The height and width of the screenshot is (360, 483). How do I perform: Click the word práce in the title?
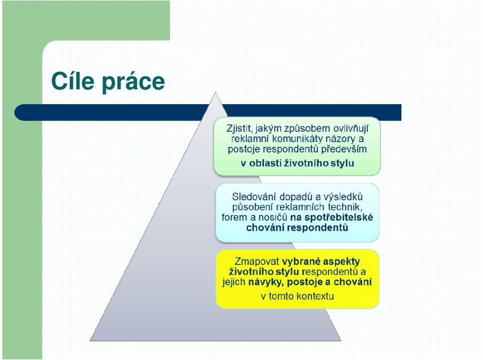133,82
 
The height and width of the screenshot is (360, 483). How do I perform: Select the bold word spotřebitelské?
339,217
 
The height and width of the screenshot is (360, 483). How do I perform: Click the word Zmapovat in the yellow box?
257,261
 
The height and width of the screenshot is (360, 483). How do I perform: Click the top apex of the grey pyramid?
216,92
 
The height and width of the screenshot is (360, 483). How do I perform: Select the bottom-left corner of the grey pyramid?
90,340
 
